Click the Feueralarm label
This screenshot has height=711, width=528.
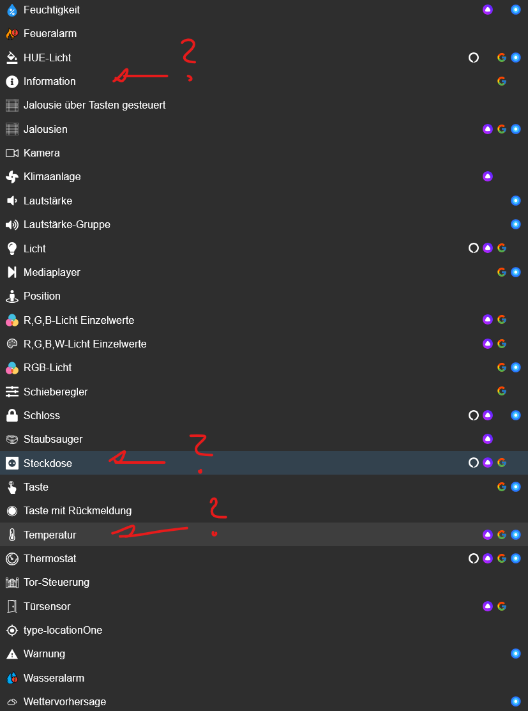click(50, 34)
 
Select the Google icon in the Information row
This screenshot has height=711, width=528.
click(502, 81)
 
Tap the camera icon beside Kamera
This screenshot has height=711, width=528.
click(12, 153)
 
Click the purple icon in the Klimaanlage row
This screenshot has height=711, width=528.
click(488, 176)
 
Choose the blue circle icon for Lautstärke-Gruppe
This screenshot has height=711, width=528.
click(516, 224)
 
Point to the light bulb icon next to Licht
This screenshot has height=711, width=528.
click(12, 248)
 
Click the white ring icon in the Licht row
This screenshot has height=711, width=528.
click(474, 248)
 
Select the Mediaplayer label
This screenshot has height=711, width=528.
click(52, 273)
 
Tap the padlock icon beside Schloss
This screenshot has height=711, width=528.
click(12, 415)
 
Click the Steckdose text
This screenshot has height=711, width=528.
click(48, 463)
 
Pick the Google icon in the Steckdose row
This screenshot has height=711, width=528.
click(502, 463)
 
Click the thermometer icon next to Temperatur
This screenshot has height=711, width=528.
click(12, 535)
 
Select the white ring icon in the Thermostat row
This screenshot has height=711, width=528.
click(474, 558)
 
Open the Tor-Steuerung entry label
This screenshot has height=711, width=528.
click(56, 582)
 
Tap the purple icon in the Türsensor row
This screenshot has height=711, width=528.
click(488, 606)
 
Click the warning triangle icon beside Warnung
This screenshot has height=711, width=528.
click(12, 654)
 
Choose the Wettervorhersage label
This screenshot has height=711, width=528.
click(65, 702)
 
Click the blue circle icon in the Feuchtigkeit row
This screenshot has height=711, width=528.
click(516, 10)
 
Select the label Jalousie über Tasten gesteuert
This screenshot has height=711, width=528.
click(94, 105)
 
